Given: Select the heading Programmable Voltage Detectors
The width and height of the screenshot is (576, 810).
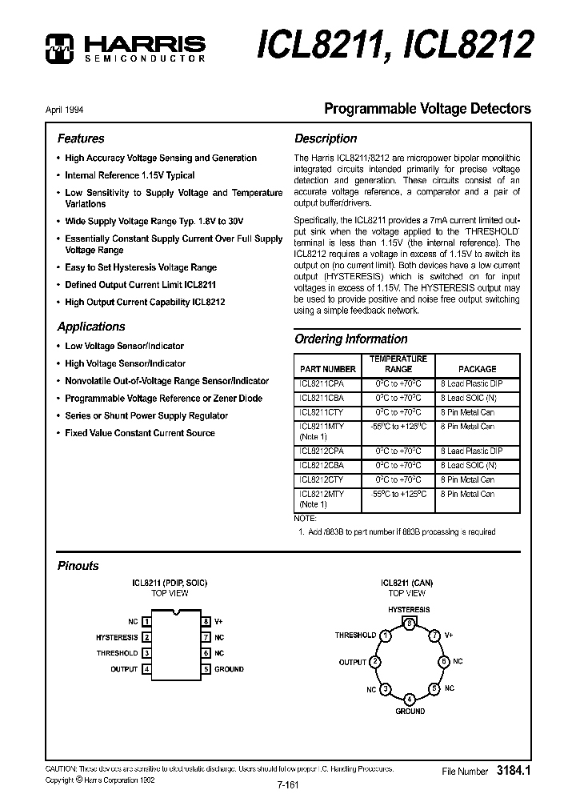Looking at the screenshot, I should pos(426,108).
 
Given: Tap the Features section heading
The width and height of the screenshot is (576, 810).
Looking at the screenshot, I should pos(81,138).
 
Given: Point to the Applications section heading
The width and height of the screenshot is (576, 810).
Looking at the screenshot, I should pos(91,327).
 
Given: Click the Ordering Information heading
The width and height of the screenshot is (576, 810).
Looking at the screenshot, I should pos(350,339).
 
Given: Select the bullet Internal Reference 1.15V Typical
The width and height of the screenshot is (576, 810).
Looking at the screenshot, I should pos(130,175).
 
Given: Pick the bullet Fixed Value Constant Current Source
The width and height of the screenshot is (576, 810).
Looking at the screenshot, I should pos(139,433).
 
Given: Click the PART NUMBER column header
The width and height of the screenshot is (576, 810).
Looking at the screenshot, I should pos(327,369).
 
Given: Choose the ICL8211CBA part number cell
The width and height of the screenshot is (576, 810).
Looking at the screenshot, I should pos(322,398).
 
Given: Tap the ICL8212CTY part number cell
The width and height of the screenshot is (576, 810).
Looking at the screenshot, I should pos(322,479).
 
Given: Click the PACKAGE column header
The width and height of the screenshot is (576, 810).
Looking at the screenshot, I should pos(477,369).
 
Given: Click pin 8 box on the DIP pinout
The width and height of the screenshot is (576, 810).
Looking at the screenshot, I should pos(206,621).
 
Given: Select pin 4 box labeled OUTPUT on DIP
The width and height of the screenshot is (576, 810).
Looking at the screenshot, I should pos(146,669).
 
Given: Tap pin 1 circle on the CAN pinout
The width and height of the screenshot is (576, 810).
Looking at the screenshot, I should pos(386,636).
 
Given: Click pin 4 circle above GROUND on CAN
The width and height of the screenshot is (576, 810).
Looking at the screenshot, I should pos(410,699).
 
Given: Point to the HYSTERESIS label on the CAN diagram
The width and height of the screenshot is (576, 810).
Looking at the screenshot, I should pos(409,609).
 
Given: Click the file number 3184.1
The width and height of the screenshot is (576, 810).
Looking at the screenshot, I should pos(514,772).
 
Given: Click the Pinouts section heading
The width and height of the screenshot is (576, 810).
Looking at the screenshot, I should pos(78,566).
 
